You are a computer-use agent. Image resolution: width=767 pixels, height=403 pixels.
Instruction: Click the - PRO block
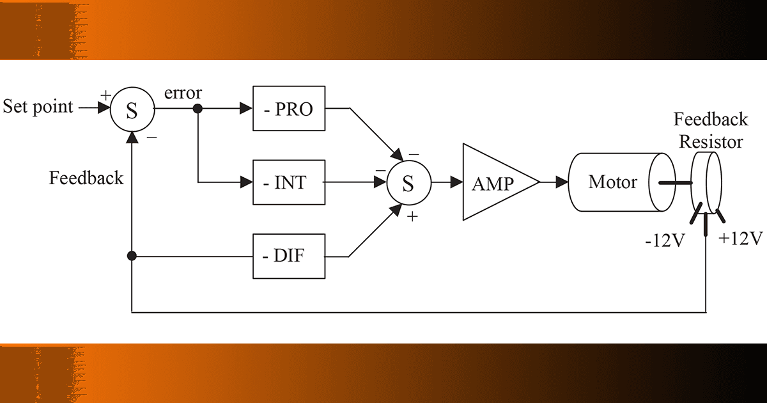[x=288, y=109]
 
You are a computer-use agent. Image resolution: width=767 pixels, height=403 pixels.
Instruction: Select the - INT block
[x=288, y=183]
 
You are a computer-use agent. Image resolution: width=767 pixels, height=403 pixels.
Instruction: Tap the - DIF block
[x=288, y=257]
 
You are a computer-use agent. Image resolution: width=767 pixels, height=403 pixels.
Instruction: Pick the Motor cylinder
[x=614, y=182]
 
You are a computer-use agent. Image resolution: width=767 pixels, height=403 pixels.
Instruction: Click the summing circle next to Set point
[x=131, y=109]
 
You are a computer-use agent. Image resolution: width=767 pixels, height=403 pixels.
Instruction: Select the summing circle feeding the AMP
[x=408, y=183]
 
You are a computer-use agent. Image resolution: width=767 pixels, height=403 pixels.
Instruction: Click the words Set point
[x=38, y=106]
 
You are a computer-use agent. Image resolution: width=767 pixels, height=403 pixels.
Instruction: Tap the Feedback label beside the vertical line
[x=86, y=177]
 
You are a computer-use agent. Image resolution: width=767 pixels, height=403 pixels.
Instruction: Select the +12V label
[x=741, y=239]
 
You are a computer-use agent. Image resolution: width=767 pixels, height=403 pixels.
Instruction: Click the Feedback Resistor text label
[x=711, y=130]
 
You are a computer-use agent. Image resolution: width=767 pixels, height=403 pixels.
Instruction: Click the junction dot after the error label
[x=198, y=109]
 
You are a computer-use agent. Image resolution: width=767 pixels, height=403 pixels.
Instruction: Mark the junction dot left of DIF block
[x=132, y=257]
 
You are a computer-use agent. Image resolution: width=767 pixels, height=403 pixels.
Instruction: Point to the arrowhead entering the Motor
[x=562, y=183]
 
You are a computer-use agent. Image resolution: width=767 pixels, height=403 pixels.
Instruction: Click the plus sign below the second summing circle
[x=412, y=217]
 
